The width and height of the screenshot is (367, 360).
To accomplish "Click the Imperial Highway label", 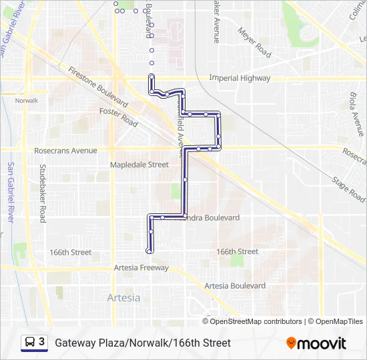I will click(x=240, y=78).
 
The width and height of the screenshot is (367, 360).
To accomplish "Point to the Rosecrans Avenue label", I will click(x=65, y=151).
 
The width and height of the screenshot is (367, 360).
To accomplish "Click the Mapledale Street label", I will click(x=139, y=164).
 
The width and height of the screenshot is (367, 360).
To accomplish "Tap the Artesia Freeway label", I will click(x=141, y=267).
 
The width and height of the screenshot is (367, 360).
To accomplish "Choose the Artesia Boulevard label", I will click(x=235, y=285).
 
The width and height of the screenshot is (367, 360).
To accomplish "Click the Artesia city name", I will click(x=123, y=298).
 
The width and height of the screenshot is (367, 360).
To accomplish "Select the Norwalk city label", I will click(x=27, y=100).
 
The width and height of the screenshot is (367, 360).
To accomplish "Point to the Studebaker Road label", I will click(x=42, y=193).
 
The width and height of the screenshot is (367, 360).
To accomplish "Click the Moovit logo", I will click(x=316, y=343).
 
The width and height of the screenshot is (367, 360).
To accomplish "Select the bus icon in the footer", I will click(x=30, y=343).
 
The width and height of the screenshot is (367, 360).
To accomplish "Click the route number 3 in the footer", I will click(x=42, y=342).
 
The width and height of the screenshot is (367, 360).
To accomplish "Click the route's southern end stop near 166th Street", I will click(x=148, y=251).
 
